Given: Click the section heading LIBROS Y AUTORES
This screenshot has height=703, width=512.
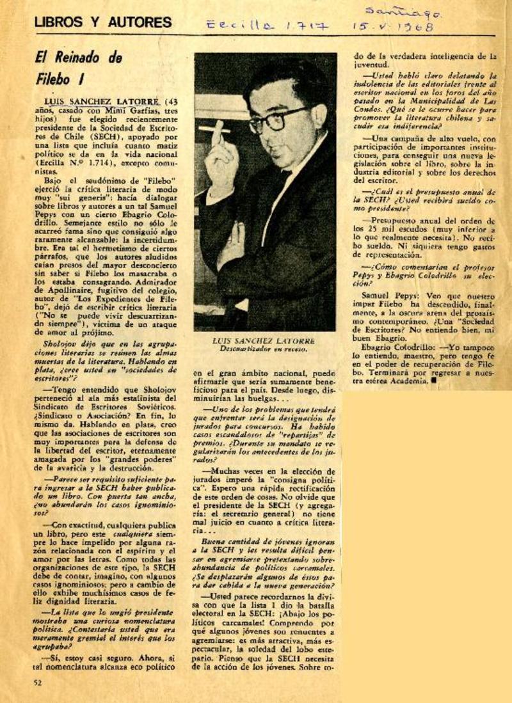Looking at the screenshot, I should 103,22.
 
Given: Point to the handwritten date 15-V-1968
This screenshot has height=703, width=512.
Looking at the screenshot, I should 394,27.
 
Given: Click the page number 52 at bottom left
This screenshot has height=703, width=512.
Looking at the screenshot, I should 39,683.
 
